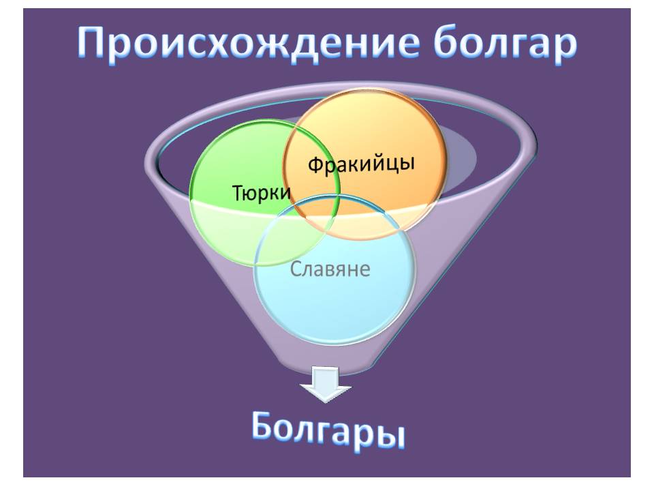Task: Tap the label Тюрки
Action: pos(262,194)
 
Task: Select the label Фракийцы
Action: pos(361,164)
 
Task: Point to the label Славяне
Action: pos(330,269)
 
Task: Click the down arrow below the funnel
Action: pos(326,383)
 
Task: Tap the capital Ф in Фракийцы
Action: pos(315,166)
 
